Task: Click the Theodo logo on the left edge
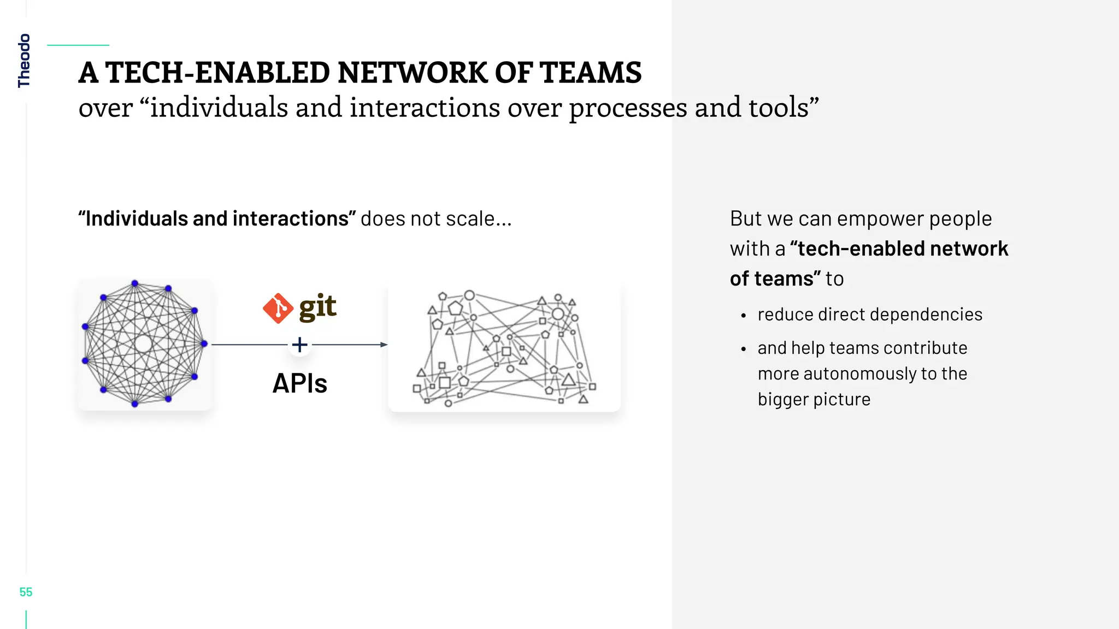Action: click(x=24, y=60)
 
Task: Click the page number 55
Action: click(x=26, y=592)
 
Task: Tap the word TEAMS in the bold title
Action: click(x=590, y=73)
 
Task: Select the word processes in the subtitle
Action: click(x=628, y=108)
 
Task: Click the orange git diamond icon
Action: click(x=278, y=308)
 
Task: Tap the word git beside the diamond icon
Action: click(x=317, y=307)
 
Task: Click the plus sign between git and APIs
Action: click(x=299, y=345)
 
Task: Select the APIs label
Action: click(x=299, y=383)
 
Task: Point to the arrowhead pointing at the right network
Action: click(x=384, y=345)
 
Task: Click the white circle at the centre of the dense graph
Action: click(x=143, y=343)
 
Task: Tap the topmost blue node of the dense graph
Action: click(x=135, y=283)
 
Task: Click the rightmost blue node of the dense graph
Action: click(x=204, y=343)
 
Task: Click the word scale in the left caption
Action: click(x=470, y=219)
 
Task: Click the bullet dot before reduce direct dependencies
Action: click(x=743, y=316)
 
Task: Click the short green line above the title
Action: click(x=78, y=45)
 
